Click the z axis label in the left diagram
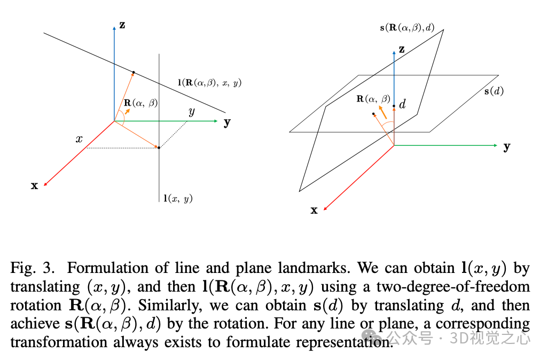click(x=122, y=25)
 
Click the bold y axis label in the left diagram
click(x=227, y=122)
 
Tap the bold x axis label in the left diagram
click(x=35, y=186)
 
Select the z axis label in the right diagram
click(x=402, y=50)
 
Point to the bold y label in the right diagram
click(x=507, y=146)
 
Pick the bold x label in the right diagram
click(x=314, y=210)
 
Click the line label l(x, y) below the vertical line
click(x=178, y=199)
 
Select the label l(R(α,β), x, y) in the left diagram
click(x=209, y=83)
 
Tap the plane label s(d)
click(x=494, y=91)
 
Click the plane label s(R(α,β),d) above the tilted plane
click(x=408, y=26)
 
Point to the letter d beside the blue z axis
click(x=402, y=104)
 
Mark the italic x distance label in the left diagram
click(x=79, y=139)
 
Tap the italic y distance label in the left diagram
click(x=191, y=112)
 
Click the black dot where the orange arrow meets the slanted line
click(x=133, y=72)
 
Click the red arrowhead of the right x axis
click(x=325, y=206)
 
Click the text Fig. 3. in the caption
click(x=32, y=268)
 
